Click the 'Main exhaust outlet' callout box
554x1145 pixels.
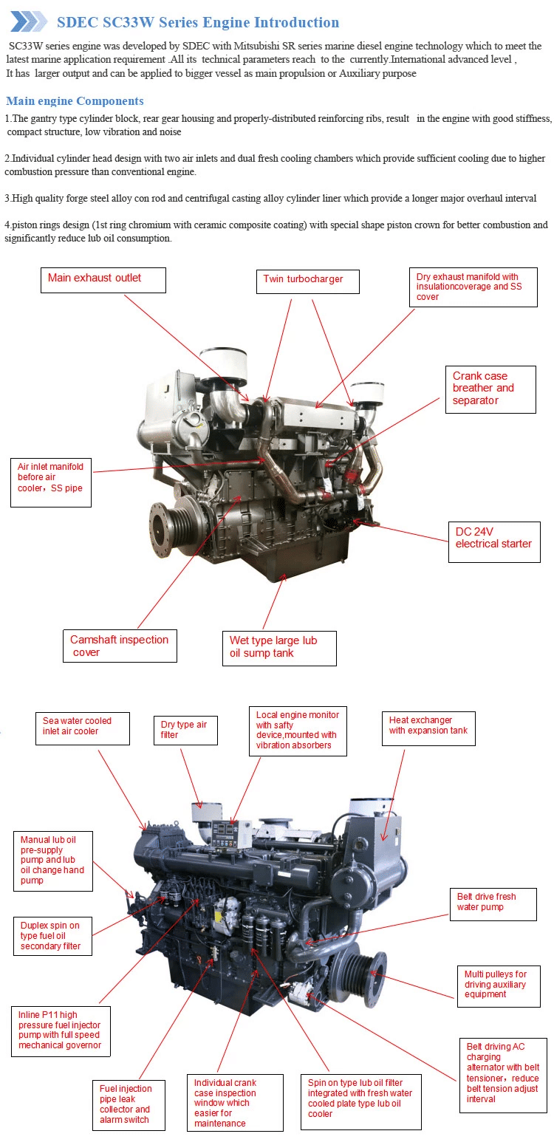[103, 279]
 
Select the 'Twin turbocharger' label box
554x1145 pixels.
[310, 281]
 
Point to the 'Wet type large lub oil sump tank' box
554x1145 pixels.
[279, 647]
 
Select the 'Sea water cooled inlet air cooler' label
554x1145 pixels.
[82, 728]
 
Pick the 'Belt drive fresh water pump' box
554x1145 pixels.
[493, 904]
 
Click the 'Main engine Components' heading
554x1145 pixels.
[75, 101]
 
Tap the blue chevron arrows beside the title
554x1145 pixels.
[29, 21]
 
